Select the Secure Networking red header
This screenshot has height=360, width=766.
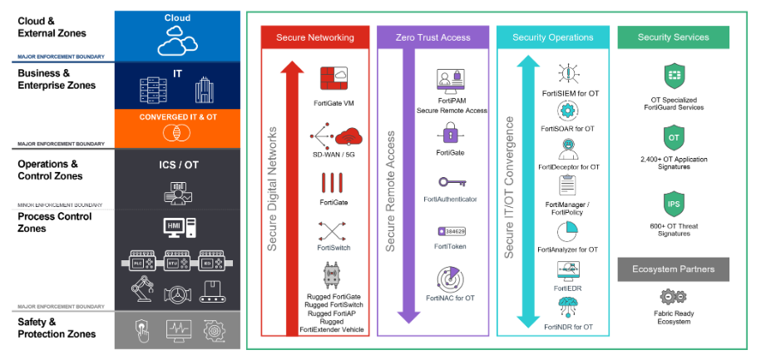(314, 37)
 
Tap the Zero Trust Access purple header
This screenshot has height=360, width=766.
(432, 37)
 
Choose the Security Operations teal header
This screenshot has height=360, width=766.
(552, 37)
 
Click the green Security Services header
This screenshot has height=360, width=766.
(673, 37)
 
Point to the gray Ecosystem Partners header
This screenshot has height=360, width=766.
(673, 269)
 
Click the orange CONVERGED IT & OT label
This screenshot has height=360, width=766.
(177, 117)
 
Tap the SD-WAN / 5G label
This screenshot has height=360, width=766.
(333, 155)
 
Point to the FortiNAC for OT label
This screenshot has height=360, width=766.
(450, 297)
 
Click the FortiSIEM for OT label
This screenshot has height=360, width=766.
(570, 93)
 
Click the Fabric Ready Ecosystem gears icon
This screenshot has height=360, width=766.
(673, 297)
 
